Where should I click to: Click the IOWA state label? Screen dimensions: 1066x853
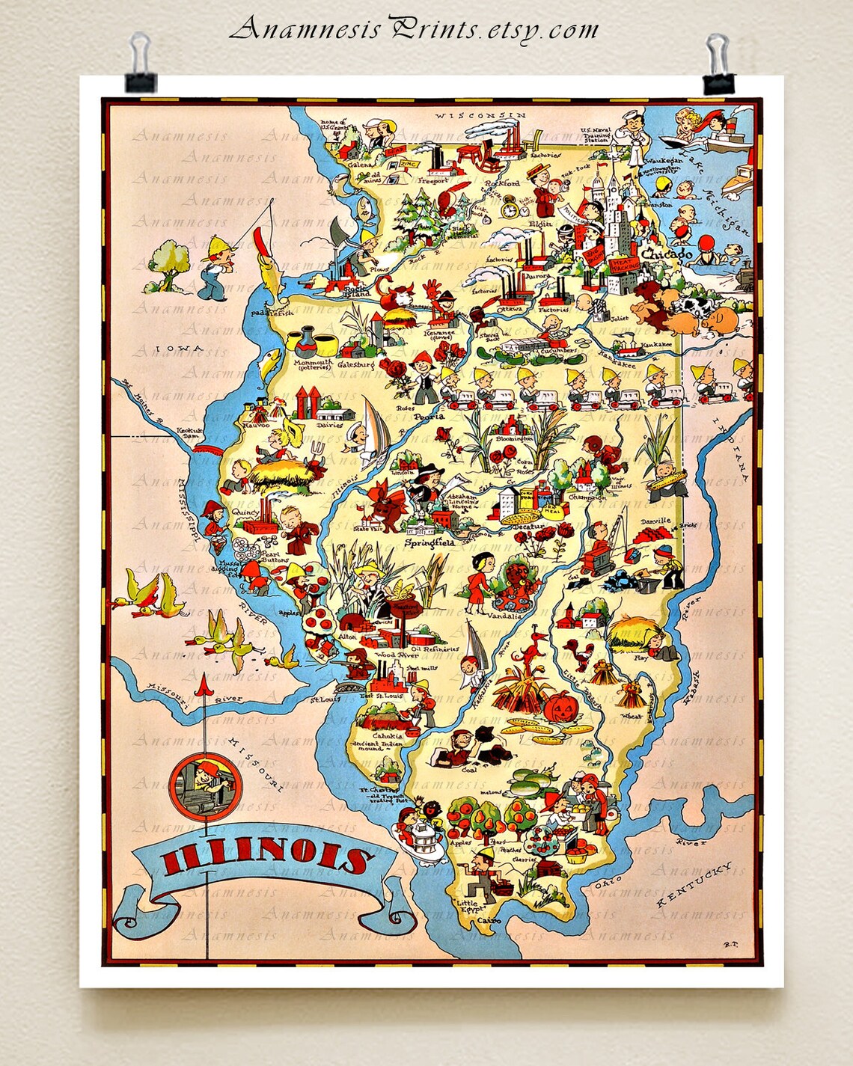pyautogui.click(x=180, y=349)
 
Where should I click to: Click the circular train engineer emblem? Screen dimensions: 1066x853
pyautogui.click(x=201, y=785)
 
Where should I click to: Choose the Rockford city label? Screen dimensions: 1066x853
pyautogui.click(x=501, y=183)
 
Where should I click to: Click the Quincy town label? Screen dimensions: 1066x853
pyautogui.click(x=245, y=512)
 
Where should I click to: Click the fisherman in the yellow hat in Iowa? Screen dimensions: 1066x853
pyautogui.click(x=215, y=266)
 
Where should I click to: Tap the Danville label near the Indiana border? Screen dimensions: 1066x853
pyautogui.click(x=655, y=521)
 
